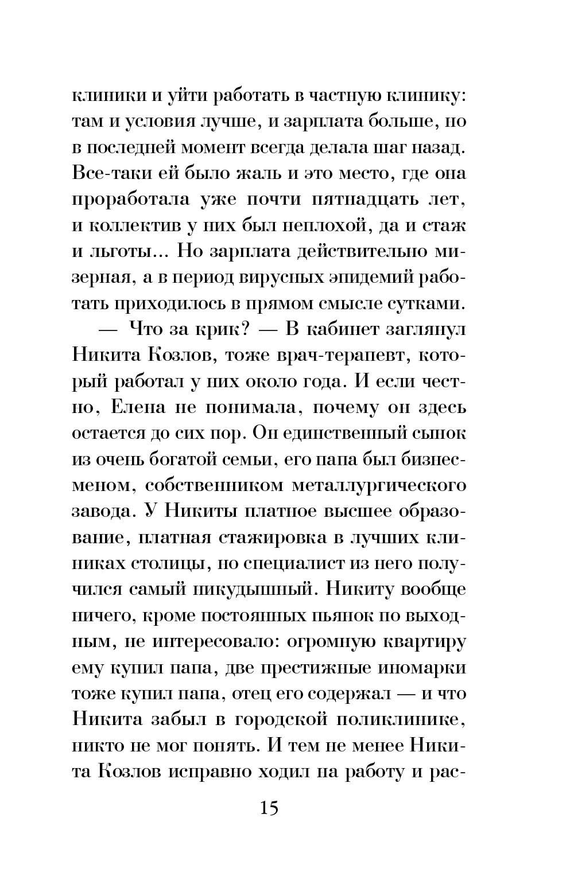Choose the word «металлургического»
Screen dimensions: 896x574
379,485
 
